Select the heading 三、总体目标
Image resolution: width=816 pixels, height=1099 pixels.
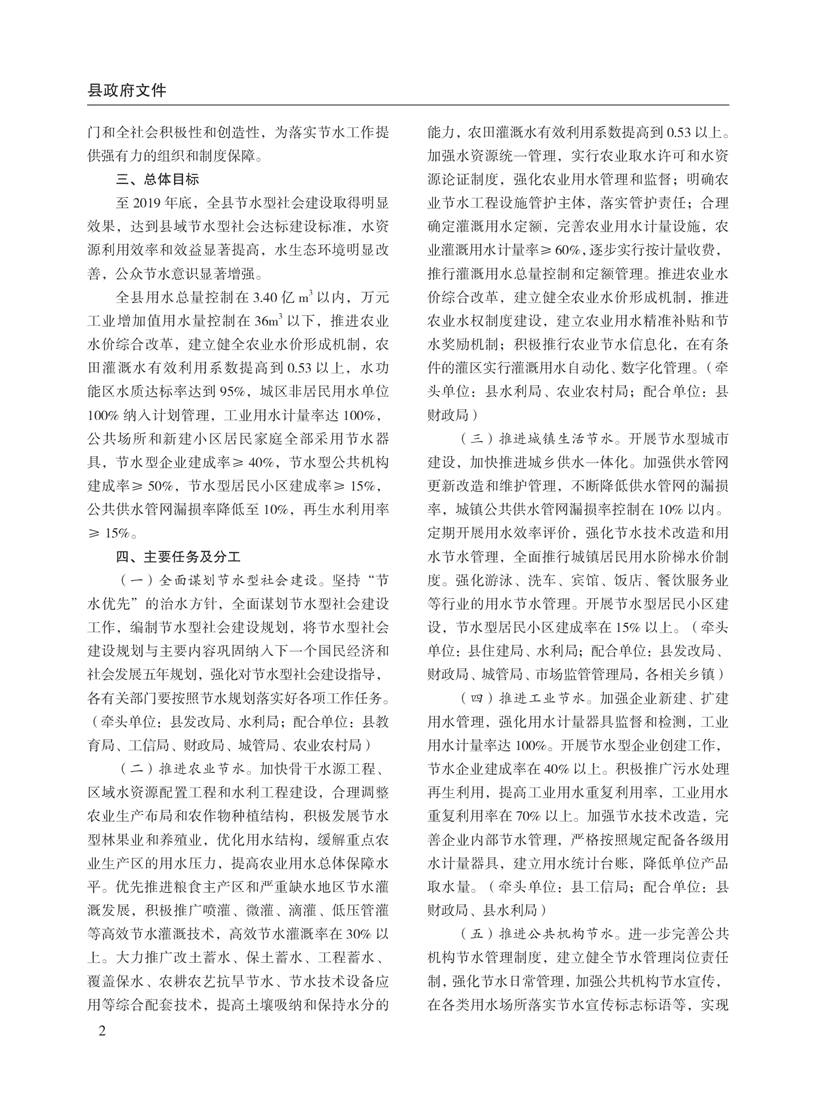tap(158, 179)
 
